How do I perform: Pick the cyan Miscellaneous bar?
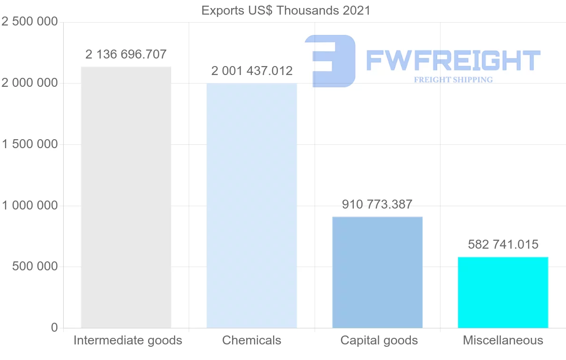[x=503, y=292]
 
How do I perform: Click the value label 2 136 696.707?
[x=126, y=54]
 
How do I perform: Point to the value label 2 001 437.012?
[x=252, y=71]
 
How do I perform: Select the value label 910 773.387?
[x=377, y=205]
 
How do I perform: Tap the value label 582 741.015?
[x=503, y=244]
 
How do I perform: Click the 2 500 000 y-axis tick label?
[x=30, y=22]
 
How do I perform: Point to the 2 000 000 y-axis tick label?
[x=30, y=83]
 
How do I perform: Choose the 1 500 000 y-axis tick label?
[x=30, y=144]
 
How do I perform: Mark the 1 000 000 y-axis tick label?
[x=30, y=206]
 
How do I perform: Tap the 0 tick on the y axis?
[x=54, y=327]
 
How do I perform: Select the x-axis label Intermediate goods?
[x=128, y=340]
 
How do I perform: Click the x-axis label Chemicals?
[x=252, y=340]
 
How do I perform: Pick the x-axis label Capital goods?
[x=379, y=340]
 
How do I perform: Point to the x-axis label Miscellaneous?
[x=503, y=340]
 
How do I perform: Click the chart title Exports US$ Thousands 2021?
[x=286, y=10]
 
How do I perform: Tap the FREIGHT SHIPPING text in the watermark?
[x=453, y=80]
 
